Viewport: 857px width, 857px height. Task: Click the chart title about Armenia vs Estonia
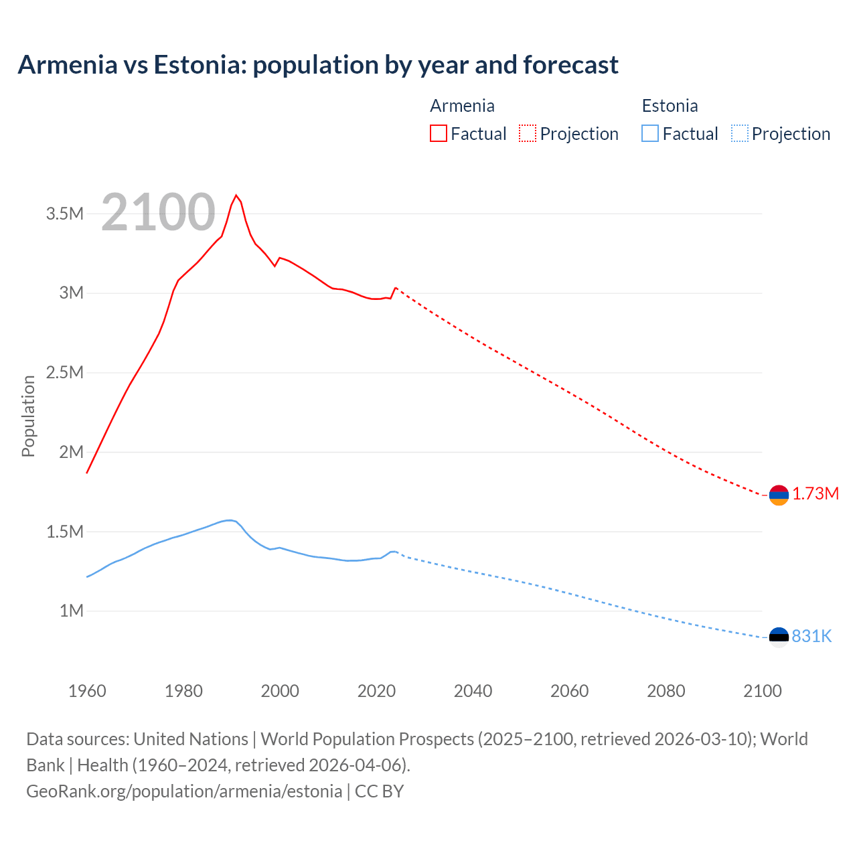pyautogui.click(x=318, y=65)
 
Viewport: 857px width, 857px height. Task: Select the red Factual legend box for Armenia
pyautogui.click(x=438, y=133)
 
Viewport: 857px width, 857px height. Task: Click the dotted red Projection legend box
pyautogui.click(x=528, y=133)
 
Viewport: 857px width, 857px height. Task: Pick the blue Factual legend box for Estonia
pyautogui.click(x=650, y=133)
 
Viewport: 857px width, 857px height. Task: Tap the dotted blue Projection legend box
pyautogui.click(x=740, y=133)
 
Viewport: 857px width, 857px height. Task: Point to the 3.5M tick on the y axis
pyautogui.click(x=64, y=214)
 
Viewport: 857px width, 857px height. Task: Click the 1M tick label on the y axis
pyautogui.click(x=71, y=611)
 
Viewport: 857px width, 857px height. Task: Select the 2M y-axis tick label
pyautogui.click(x=71, y=452)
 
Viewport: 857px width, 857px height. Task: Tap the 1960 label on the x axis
pyautogui.click(x=87, y=691)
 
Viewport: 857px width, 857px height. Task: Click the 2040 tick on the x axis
pyautogui.click(x=473, y=691)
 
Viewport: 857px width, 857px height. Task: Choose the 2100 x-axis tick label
pyautogui.click(x=762, y=691)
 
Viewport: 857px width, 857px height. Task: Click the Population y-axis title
pyautogui.click(x=28, y=416)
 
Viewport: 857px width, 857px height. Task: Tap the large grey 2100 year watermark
pyautogui.click(x=158, y=212)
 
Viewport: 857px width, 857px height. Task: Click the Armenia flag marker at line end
pyautogui.click(x=779, y=495)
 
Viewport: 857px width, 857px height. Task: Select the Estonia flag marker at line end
pyautogui.click(x=779, y=637)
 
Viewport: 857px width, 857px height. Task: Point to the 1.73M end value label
pyautogui.click(x=815, y=494)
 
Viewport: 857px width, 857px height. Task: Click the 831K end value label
pyautogui.click(x=811, y=637)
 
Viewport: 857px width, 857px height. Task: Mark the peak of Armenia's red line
pyautogui.click(x=236, y=196)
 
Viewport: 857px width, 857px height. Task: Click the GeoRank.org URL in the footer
pyautogui.click(x=184, y=791)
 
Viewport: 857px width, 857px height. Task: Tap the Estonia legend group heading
pyautogui.click(x=670, y=106)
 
